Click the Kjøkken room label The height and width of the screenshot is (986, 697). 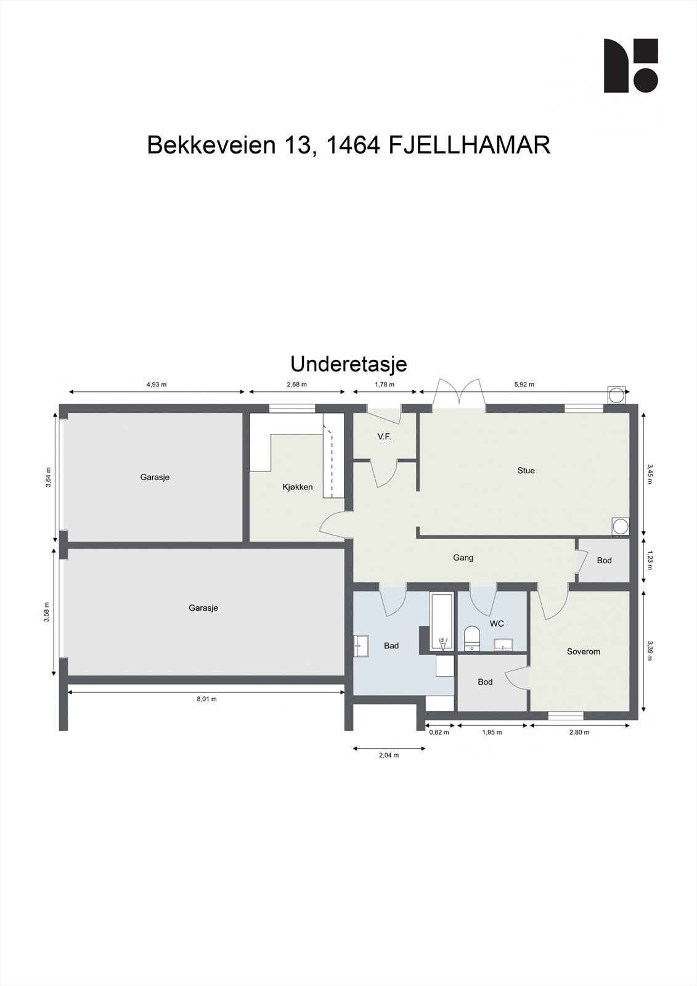[x=298, y=487]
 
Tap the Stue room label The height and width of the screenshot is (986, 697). [x=526, y=470]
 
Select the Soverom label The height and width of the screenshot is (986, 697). [x=583, y=651]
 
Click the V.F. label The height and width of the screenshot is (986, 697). [x=385, y=436]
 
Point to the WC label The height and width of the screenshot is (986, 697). [x=497, y=624]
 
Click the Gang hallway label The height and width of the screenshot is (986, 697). [x=463, y=558]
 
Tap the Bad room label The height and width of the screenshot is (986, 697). [x=391, y=646]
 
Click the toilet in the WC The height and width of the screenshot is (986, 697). [x=471, y=637]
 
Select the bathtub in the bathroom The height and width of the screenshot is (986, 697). [x=442, y=621]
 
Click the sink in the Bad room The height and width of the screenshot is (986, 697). [x=361, y=646]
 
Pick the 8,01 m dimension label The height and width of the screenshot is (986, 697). [x=206, y=699]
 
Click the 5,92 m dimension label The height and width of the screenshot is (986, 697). [x=524, y=385]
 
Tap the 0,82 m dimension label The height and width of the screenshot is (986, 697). [x=439, y=732]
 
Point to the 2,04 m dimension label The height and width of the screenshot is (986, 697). [x=388, y=755]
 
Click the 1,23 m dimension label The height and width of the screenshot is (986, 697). [x=650, y=560]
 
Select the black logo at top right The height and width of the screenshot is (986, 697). [x=630, y=66]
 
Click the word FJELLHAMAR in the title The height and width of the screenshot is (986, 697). [x=470, y=145]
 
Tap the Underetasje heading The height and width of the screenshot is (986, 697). [x=348, y=364]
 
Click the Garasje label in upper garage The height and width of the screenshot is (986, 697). [x=155, y=477]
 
